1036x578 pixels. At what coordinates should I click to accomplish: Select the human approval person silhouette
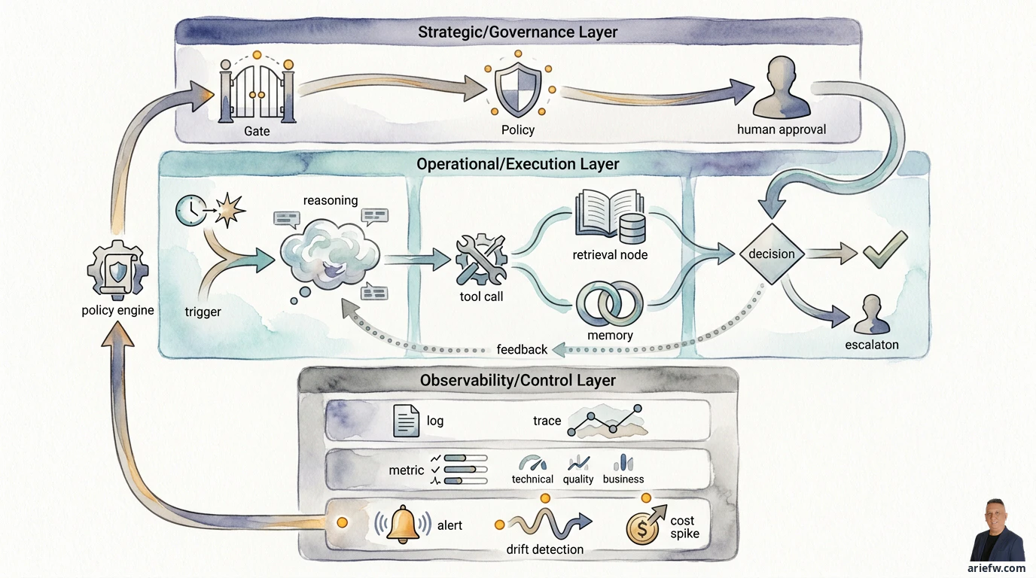click(x=782, y=87)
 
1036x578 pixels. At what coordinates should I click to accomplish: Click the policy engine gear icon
click(x=117, y=270)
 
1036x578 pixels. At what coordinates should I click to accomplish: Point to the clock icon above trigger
click(x=190, y=211)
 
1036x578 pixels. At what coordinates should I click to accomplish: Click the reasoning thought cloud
click(x=329, y=254)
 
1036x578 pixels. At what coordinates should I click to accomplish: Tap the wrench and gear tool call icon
click(x=481, y=260)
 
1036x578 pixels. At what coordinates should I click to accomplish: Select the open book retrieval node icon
click(x=610, y=217)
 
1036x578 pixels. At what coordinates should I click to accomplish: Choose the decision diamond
click(x=772, y=254)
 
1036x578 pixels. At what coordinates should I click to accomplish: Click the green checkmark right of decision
click(x=885, y=250)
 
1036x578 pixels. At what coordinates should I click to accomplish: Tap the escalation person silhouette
click(x=871, y=315)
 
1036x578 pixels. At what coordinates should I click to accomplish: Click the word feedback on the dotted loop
click(x=522, y=349)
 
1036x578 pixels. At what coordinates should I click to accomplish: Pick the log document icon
click(x=406, y=420)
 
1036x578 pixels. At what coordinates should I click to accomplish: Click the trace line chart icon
click(x=606, y=421)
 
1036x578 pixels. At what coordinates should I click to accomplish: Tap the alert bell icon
click(x=402, y=524)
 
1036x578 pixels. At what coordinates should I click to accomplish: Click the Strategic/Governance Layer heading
click(x=517, y=32)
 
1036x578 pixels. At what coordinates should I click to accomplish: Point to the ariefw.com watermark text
click(x=996, y=568)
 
